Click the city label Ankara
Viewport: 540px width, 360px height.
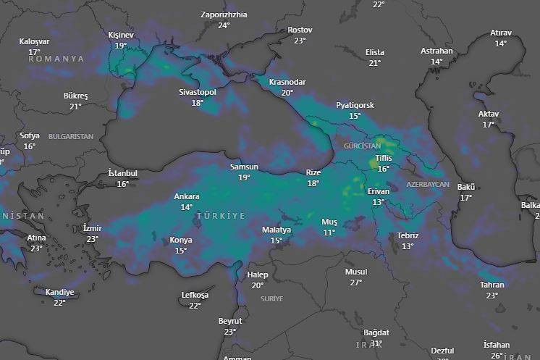[x=187, y=196]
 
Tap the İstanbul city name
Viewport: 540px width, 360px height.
[x=122, y=173]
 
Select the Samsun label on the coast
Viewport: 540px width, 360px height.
[x=244, y=167]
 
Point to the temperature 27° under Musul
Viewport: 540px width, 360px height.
[x=355, y=282]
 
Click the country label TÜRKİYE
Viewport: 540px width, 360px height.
[x=221, y=216]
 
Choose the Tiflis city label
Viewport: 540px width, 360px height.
[x=383, y=159]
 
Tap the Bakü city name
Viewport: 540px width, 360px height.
[x=465, y=187]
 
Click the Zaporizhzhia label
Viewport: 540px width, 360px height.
[x=224, y=14]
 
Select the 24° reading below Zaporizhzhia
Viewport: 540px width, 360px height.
[x=224, y=25]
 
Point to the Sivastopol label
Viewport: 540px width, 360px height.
[x=198, y=92]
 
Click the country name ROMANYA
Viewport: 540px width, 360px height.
[x=56, y=59]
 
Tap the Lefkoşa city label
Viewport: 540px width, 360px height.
[x=195, y=295]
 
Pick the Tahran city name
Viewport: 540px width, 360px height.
[x=492, y=285]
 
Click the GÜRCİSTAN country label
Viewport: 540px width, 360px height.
[x=363, y=146]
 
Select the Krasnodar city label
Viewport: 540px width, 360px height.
[x=287, y=82]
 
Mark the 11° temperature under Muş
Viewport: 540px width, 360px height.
[x=329, y=233]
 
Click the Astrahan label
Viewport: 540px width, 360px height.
[x=436, y=51]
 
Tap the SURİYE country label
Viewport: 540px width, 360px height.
[x=272, y=298]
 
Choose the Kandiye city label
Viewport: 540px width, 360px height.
[x=59, y=292]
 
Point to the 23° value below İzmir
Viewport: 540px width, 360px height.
[x=92, y=239]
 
